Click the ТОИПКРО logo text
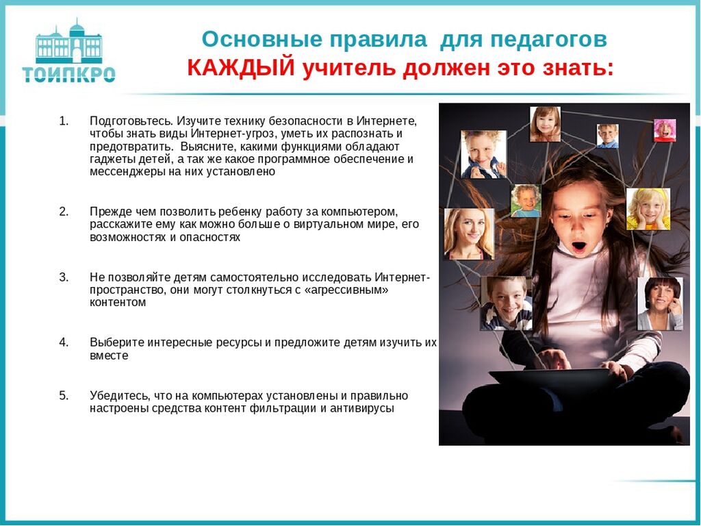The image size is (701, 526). tap(69, 74)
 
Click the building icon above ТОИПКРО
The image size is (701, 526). tap(69, 41)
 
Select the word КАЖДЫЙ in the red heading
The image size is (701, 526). tap(241, 68)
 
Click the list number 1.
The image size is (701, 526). tap(64, 121)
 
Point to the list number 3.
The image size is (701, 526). tap(64, 277)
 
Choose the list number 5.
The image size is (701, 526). tap(64, 395)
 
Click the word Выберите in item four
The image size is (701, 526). tap(116, 342)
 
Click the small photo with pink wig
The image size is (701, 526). tap(665, 130)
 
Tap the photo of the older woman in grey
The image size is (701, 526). tap(660, 303)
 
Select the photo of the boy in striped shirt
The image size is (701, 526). tap(506, 303)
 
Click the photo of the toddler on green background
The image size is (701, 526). tap(526, 201)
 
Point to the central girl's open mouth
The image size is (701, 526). tap(579, 246)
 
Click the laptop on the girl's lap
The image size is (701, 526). tap(550, 381)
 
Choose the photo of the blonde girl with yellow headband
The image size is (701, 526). tap(648, 209)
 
